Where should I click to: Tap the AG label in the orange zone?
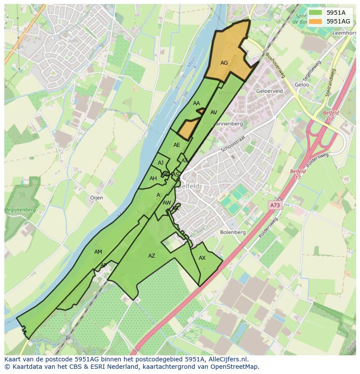[224, 63]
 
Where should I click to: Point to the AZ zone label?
[151, 256]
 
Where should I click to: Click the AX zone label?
[202, 258]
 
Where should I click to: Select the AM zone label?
[98, 252]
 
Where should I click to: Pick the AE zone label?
[177, 145]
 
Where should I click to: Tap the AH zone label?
[153, 179]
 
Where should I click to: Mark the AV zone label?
[213, 113]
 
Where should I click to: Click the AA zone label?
[197, 103]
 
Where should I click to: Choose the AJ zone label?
[161, 163]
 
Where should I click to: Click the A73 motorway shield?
[273, 204]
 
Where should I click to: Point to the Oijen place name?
[97, 198]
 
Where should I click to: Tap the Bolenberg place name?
[233, 232]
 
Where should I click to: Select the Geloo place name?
[302, 85]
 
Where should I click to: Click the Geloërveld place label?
[270, 91]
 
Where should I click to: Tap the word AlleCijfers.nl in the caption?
[227, 359]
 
